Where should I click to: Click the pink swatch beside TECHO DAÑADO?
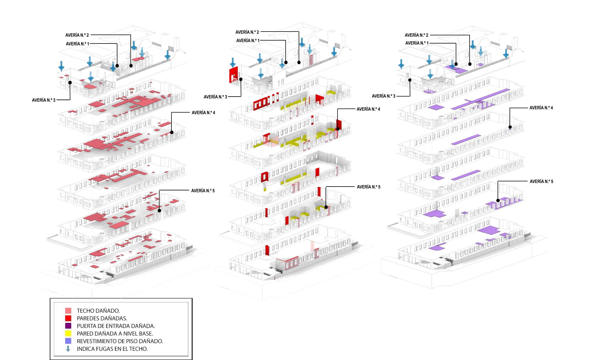pyautogui.click(x=68, y=311)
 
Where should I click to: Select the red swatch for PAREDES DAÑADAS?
pyautogui.click(x=68, y=318)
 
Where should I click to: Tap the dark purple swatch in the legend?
pyautogui.click(x=68, y=326)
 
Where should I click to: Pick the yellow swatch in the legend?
pyautogui.click(x=68, y=333)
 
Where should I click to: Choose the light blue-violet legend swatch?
pyautogui.click(x=68, y=341)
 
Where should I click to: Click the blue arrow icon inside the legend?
pyautogui.click(x=68, y=349)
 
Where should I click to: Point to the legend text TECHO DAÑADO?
pyautogui.click(x=98, y=311)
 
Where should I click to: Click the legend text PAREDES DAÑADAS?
pyautogui.click(x=102, y=318)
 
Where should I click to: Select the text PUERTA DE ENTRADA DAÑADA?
pyautogui.click(x=116, y=326)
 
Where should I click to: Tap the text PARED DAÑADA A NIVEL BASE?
pyautogui.click(x=115, y=333)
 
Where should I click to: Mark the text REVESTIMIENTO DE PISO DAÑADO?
pyautogui.click(x=120, y=341)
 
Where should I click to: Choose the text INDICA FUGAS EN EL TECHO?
pyautogui.click(x=112, y=349)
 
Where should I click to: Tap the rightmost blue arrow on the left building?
pyautogui.click(x=168, y=54)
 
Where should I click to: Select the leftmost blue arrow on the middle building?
pyautogui.click(x=233, y=62)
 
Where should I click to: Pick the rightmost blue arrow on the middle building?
pyautogui.click(x=334, y=51)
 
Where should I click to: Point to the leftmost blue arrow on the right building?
pyautogui.click(x=401, y=64)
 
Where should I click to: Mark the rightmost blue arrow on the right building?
pyautogui.click(x=506, y=53)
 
